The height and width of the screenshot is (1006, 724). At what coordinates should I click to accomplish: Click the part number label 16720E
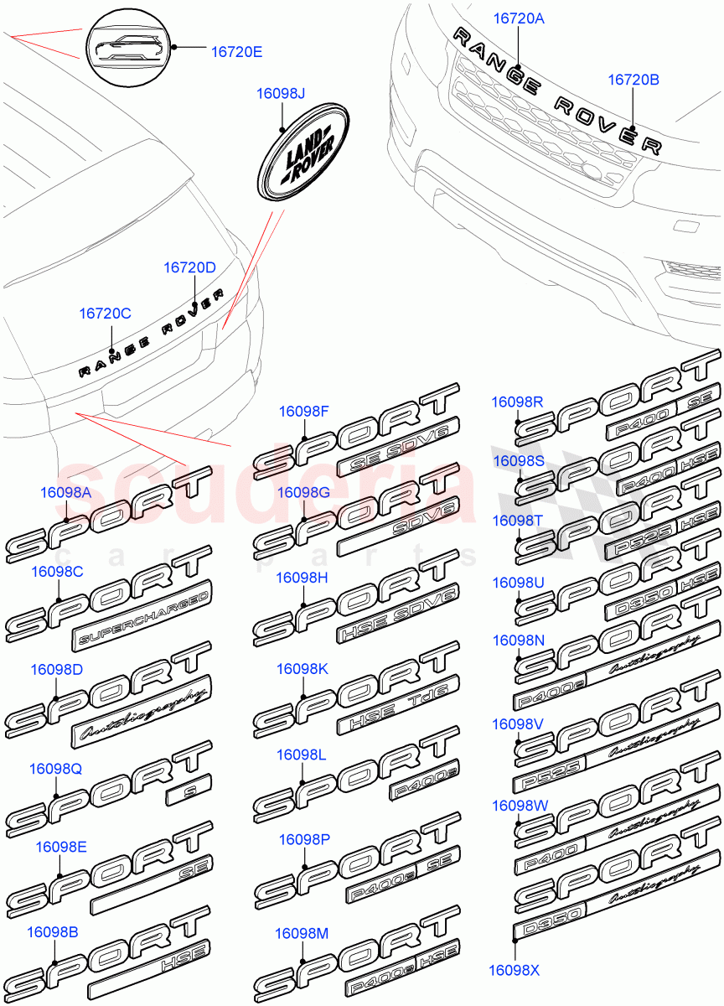point(236,52)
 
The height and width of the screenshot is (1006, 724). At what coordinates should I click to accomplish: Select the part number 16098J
point(282,94)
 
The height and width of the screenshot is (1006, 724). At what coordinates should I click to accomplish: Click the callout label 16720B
point(633,80)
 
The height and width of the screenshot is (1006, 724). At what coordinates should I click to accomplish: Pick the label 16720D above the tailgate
point(189,267)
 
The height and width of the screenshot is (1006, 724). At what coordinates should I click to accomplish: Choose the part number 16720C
point(106,313)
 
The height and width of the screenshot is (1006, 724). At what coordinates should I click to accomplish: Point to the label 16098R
point(517,402)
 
